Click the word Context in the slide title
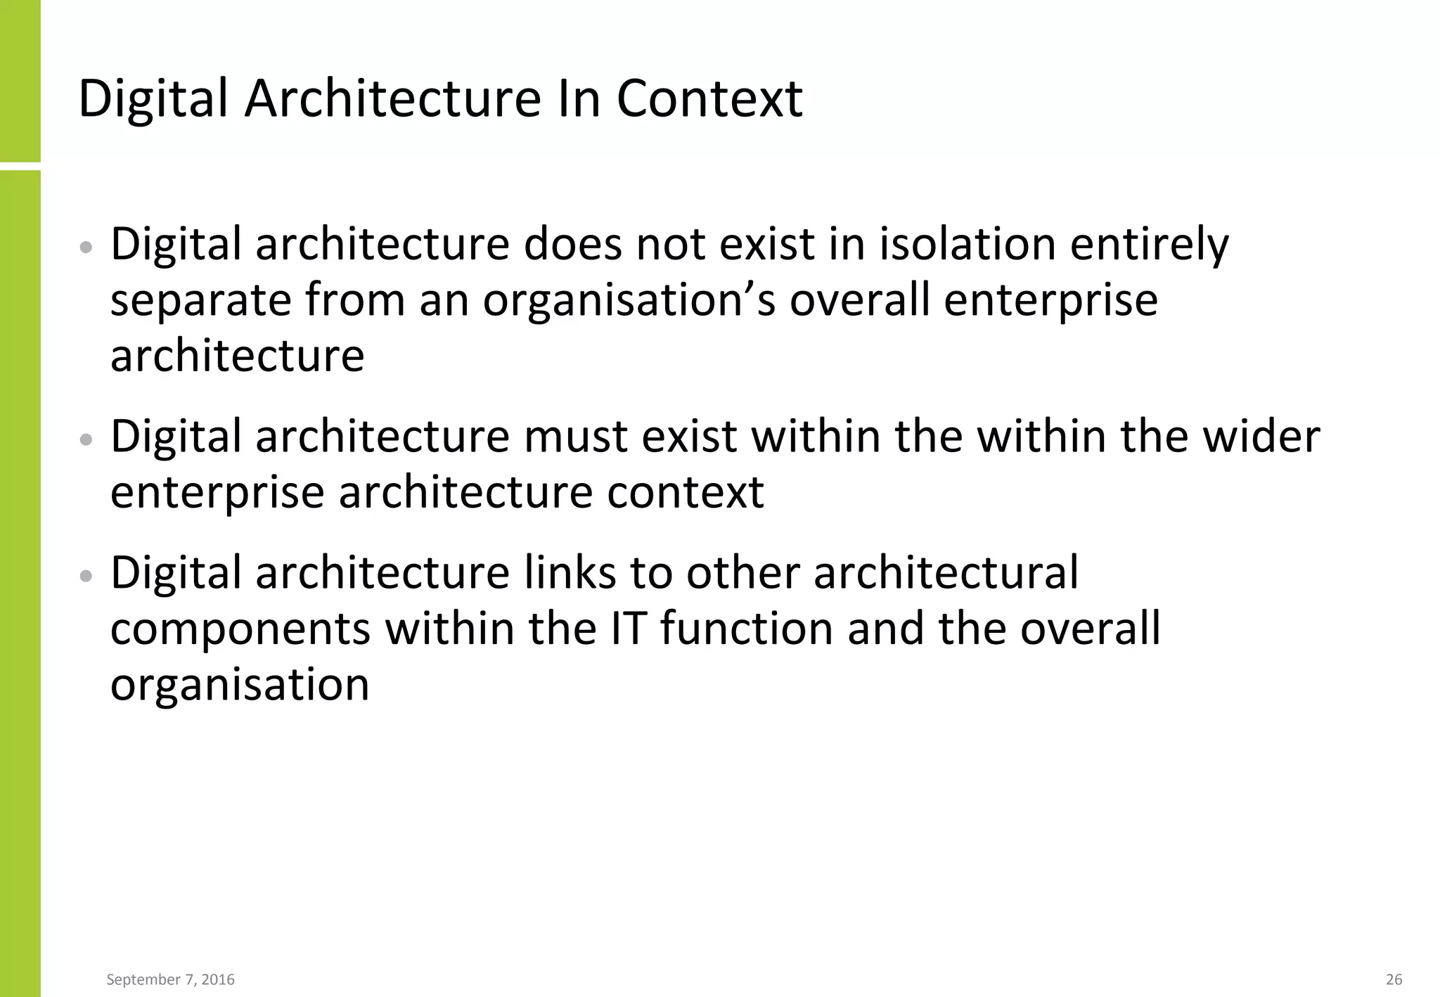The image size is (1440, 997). tap(709, 98)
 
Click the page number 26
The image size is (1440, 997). tap(1394, 979)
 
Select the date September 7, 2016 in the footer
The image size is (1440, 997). tap(170, 979)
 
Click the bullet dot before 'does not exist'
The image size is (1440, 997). tap(86, 247)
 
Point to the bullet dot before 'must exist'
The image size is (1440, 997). tap(86, 440)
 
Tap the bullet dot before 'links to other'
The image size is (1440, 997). tap(86, 577)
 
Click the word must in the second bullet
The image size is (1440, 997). tap(576, 437)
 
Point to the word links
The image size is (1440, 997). tap(570, 573)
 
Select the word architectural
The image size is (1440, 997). tap(946, 573)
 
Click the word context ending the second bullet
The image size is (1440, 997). tap(686, 493)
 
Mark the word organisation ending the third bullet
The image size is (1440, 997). tap(240, 685)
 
